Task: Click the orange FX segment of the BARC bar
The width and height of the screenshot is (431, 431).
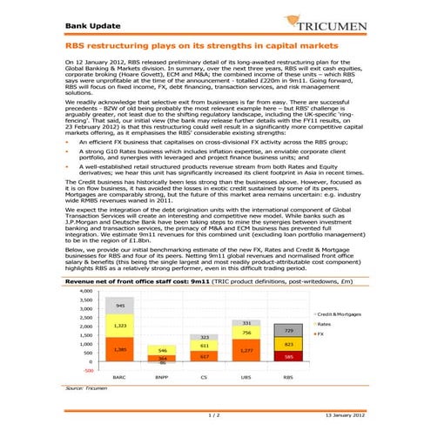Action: click(x=120, y=349)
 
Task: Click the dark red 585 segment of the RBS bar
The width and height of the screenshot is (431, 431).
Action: click(x=289, y=356)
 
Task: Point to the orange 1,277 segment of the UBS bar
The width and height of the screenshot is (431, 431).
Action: click(x=246, y=350)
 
